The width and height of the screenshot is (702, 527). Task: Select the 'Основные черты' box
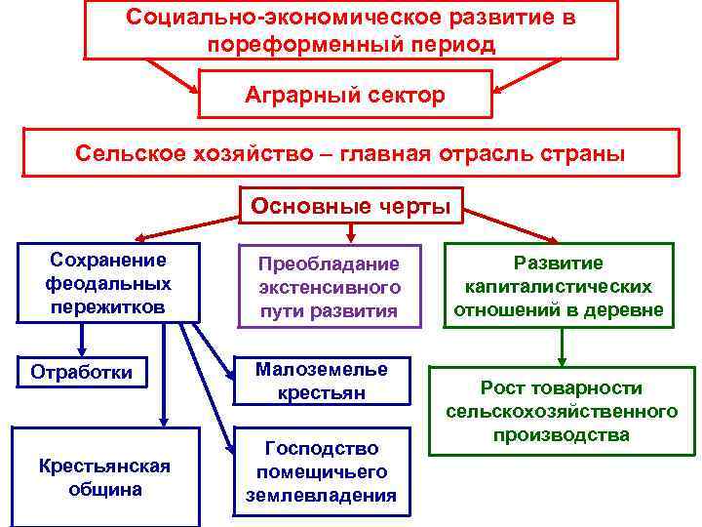tap(351, 206)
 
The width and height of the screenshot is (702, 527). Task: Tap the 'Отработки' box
tap(82, 372)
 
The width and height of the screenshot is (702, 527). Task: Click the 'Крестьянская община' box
tap(104, 477)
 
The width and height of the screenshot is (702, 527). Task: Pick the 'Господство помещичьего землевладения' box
tap(321, 471)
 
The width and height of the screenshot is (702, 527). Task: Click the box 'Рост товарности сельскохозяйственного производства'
tap(562, 411)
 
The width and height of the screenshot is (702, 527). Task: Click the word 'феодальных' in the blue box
tap(108, 283)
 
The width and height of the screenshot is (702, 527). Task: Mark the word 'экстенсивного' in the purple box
tap(330, 288)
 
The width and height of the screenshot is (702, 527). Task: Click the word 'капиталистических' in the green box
tap(558, 287)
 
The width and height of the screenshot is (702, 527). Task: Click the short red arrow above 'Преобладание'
tap(351, 230)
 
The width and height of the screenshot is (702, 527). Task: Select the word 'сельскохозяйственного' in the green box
tap(562, 411)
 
